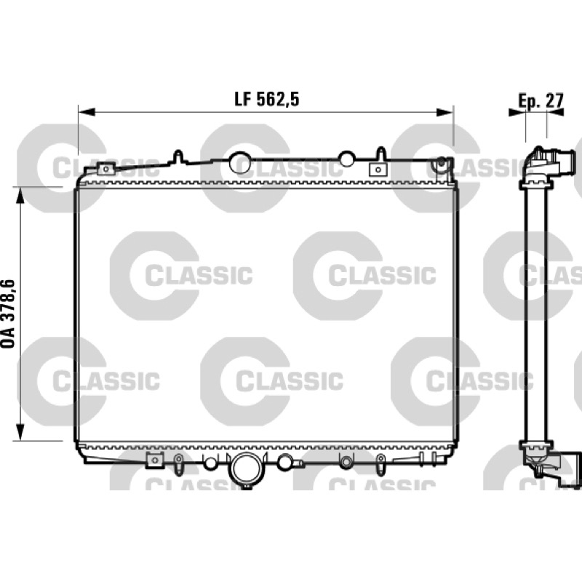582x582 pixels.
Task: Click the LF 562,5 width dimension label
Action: [266, 100]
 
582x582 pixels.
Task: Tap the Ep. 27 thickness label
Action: [541, 100]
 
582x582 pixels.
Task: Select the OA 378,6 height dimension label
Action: [8, 314]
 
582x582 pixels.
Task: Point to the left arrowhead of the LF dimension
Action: [87, 112]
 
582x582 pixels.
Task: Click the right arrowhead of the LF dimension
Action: [445, 112]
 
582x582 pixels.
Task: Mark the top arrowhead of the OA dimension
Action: [20, 195]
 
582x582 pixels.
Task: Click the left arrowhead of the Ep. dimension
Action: [517, 112]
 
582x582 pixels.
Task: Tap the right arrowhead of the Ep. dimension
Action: [555, 112]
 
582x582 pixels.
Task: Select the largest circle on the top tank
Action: [240, 162]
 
